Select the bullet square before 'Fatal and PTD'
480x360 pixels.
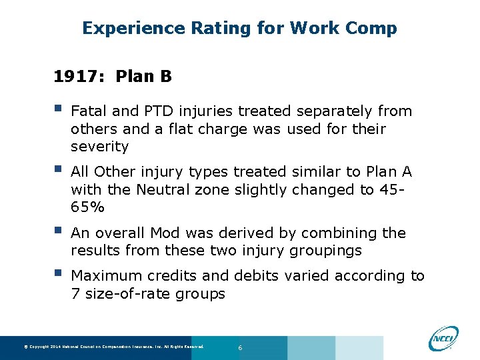(x=58, y=109)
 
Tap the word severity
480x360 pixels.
(x=99, y=146)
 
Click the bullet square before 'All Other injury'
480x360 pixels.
(x=58, y=170)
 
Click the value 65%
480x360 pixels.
(x=87, y=207)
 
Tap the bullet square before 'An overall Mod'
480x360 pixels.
(x=58, y=231)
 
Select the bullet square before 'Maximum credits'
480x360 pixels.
(x=58, y=273)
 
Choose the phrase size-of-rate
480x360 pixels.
(x=125, y=293)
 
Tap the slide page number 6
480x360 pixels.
(x=240, y=348)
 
